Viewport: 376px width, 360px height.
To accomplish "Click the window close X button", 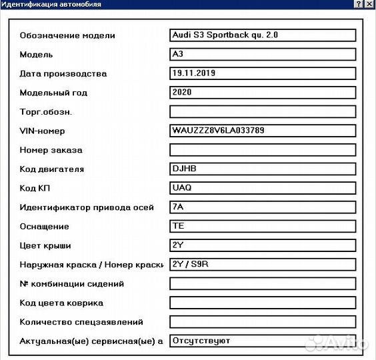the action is (369, 4).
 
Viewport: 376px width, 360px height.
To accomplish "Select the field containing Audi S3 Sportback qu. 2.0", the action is (263, 35).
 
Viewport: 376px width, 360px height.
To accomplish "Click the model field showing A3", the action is (263, 54).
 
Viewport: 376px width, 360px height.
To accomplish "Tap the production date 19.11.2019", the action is (263, 73).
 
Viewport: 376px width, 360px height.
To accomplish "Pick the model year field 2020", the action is (263, 93).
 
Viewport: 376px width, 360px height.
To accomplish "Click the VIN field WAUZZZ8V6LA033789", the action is (263, 131).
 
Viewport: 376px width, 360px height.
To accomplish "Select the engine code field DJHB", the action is (263, 169).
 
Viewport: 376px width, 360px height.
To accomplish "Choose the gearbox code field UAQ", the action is (263, 188).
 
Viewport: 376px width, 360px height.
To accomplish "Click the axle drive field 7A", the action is (263, 207).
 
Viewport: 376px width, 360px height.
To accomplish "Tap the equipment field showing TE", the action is (263, 226).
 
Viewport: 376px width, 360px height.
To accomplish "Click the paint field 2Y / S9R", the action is (263, 265).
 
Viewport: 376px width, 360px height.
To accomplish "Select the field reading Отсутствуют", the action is (263, 341).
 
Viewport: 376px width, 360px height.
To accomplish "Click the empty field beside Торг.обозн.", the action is (263, 111).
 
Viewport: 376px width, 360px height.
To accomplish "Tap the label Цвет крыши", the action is (45, 246).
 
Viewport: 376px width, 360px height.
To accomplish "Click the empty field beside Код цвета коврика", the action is (263, 303).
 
